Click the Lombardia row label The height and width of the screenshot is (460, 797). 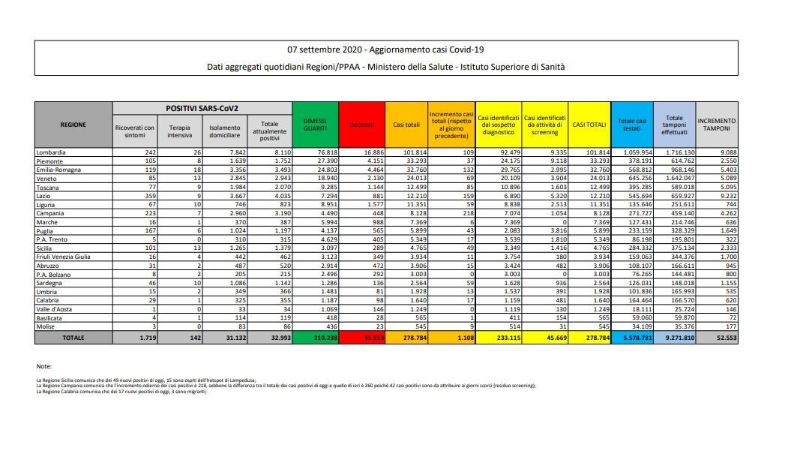51,152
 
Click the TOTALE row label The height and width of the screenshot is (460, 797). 73,338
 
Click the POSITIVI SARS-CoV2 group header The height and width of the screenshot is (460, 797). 202,107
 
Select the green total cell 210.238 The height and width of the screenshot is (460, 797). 315,338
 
